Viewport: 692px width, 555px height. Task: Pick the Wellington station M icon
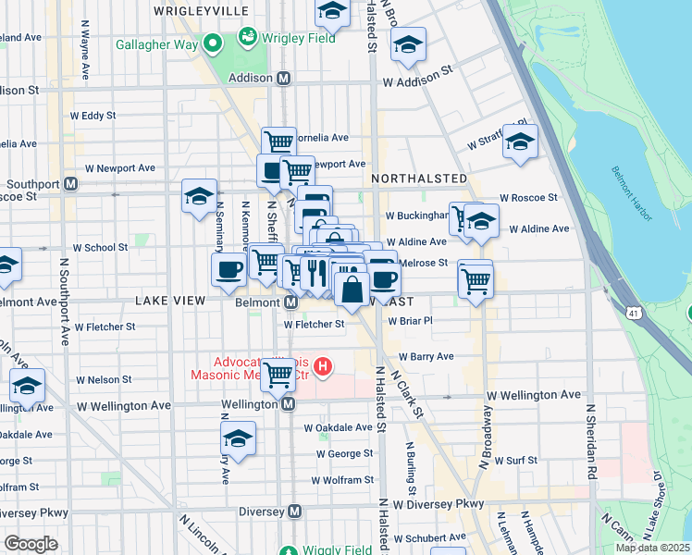click(x=289, y=404)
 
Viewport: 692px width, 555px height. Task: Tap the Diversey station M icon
click(x=295, y=512)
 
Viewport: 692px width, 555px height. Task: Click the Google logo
click(x=31, y=543)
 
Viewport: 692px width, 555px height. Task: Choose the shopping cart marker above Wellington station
click(x=278, y=376)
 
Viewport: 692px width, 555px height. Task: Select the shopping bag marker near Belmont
click(x=352, y=290)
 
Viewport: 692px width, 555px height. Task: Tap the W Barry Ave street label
click(x=426, y=356)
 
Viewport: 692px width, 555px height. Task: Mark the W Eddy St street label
click(x=93, y=116)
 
